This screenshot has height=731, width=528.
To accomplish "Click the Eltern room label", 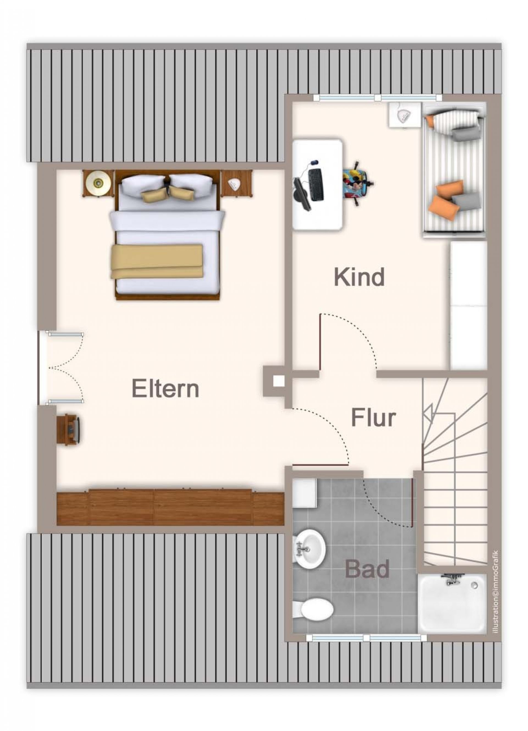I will pyautogui.click(x=165, y=389).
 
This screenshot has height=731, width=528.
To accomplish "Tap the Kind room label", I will pyautogui.click(x=359, y=277).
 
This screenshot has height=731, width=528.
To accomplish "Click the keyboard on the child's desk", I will pyautogui.click(x=316, y=185).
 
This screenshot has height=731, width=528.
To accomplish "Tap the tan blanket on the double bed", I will pyautogui.click(x=157, y=261).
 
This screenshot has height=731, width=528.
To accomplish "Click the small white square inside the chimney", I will pyautogui.click(x=278, y=381).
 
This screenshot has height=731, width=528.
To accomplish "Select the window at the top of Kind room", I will pyautogui.click(x=377, y=98).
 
